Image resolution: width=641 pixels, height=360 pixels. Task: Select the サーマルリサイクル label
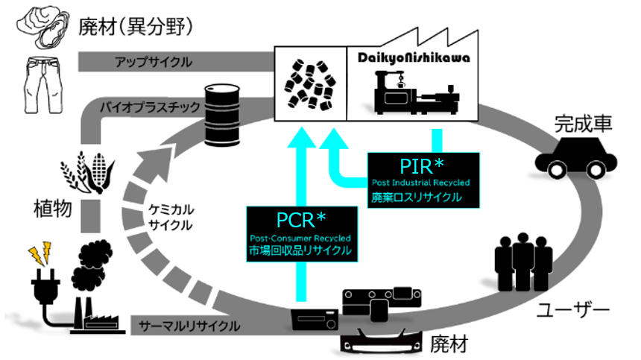[x=189, y=326]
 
